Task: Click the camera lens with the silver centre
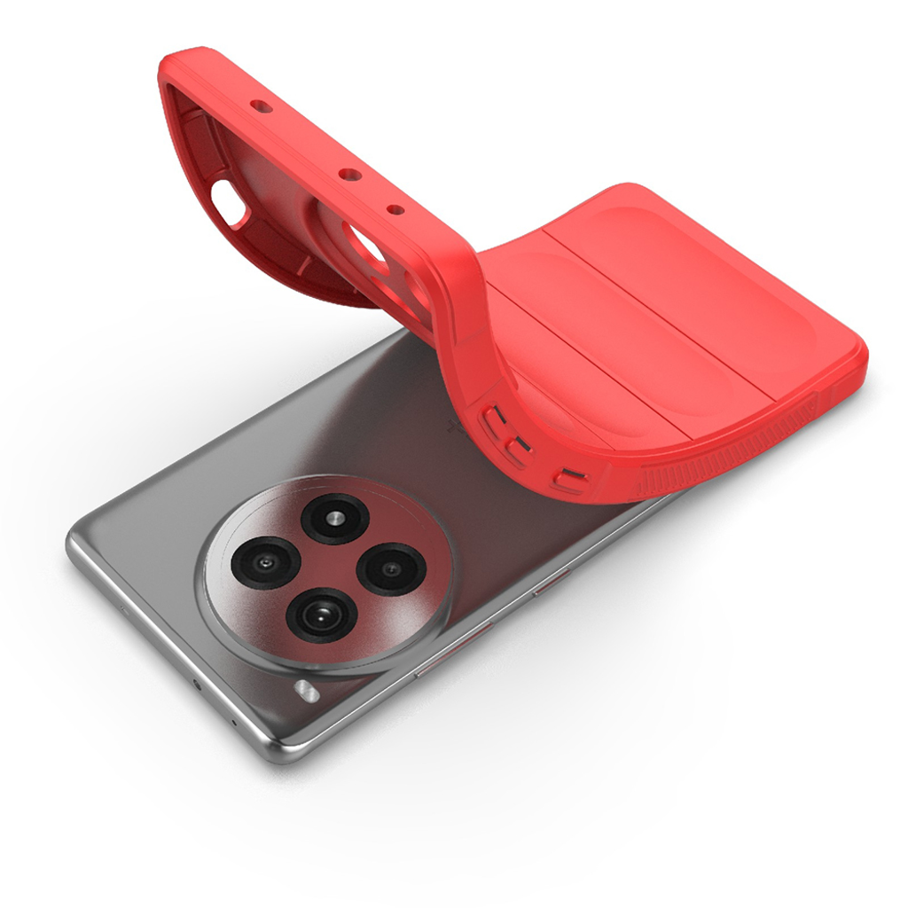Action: click(334, 519)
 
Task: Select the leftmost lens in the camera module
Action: click(264, 562)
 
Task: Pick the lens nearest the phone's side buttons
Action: click(390, 568)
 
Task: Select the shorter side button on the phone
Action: click(549, 583)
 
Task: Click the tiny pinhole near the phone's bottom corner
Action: click(233, 723)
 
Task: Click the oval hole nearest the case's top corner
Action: click(261, 106)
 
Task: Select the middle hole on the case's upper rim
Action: click(350, 175)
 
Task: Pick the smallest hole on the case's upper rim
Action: click(395, 210)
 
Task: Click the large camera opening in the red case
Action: click(366, 244)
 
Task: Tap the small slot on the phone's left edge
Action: click(124, 610)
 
